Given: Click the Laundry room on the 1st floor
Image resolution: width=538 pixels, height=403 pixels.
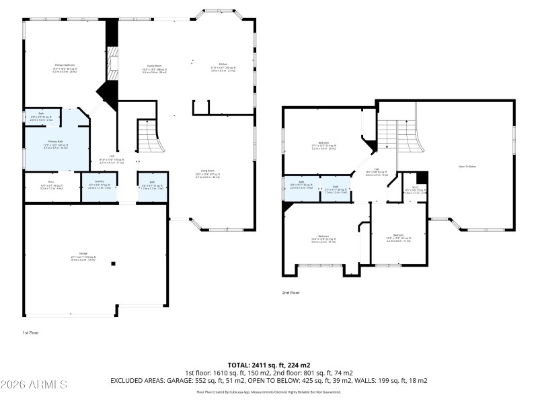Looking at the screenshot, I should (99, 184).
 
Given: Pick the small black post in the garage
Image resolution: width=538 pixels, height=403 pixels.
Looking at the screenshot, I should (113, 263).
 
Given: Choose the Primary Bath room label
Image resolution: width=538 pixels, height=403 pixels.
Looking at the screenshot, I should (56, 143).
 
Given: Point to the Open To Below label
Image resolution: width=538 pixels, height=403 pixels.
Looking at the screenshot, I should (467, 166).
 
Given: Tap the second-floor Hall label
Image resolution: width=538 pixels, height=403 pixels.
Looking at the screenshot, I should (377, 171).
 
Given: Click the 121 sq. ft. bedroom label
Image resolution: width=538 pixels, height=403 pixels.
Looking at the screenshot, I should (399, 237).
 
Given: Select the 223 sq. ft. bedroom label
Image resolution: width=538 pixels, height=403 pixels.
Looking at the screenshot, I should (323, 238).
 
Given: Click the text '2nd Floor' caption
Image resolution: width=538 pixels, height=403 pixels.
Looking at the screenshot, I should (291, 292).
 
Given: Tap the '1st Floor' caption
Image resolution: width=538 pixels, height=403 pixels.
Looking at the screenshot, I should (31, 332).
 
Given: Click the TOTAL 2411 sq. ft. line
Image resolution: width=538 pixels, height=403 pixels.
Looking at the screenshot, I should (268, 365).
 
